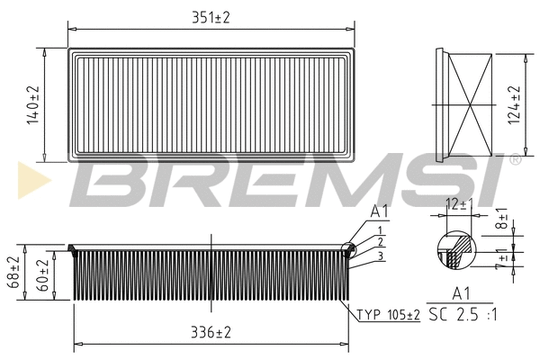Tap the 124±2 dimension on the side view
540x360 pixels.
click(x=515, y=105)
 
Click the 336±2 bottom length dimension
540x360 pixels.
click(x=211, y=332)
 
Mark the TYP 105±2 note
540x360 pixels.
click(x=389, y=314)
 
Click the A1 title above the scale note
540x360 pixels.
click(x=460, y=292)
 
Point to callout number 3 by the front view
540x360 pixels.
click(x=381, y=256)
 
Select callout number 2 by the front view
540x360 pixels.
click(x=381, y=243)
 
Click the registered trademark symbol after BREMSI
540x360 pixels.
click(x=514, y=159)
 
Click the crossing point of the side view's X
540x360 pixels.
click(x=468, y=104)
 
